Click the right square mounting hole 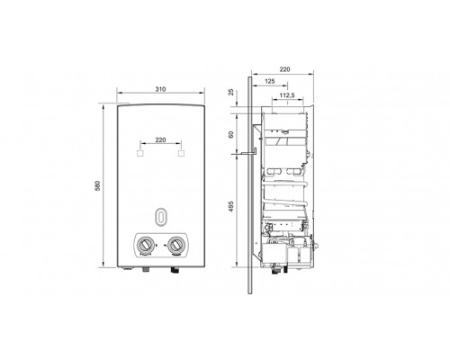point(182,154)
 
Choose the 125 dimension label point(270,82)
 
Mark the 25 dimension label point(232,92)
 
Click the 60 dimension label point(232,134)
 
